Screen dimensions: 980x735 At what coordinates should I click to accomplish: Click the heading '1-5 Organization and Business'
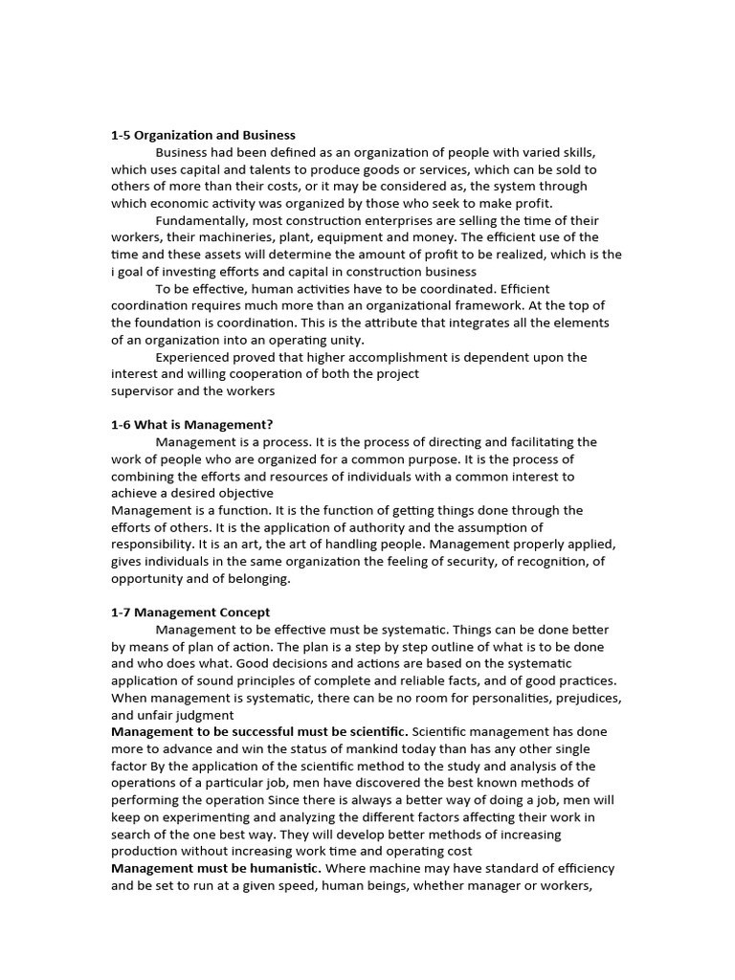203,135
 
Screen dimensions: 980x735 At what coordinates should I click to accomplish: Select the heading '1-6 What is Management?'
192,425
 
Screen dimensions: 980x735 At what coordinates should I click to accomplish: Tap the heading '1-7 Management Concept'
190,612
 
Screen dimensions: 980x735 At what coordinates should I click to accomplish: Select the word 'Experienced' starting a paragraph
193,357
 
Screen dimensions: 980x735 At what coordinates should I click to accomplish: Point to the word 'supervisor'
144,390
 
